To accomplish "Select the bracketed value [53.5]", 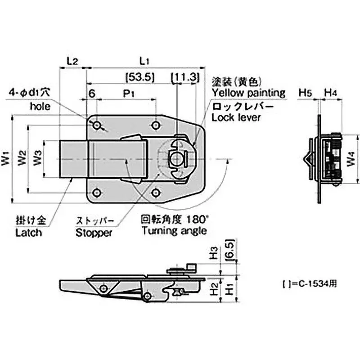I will coord(140,76).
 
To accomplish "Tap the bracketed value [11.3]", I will coord(185,76).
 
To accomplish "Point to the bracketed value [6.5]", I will coord(229,248).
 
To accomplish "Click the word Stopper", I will coord(93,233).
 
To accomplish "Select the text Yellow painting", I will coord(249,93).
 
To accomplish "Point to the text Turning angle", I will coord(174,231).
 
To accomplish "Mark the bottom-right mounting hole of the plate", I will coord(155,193).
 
